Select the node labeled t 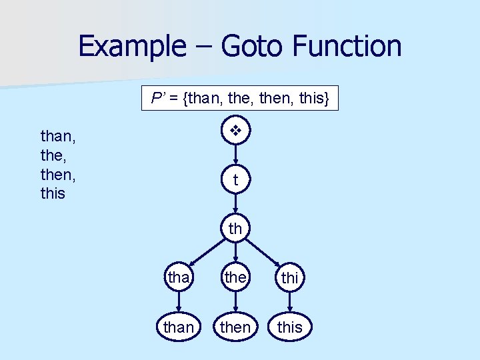click(235, 180)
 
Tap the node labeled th click(235, 229)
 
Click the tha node click(178, 277)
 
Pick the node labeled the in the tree click(235, 277)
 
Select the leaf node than click(178, 327)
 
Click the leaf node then click(235, 327)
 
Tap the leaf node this click(289, 327)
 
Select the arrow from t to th click(235, 204)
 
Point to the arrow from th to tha click(203, 254)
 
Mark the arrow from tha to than click(178, 302)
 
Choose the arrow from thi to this click(289, 302)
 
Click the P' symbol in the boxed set click(158, 99)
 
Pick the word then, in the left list click(57, 174)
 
